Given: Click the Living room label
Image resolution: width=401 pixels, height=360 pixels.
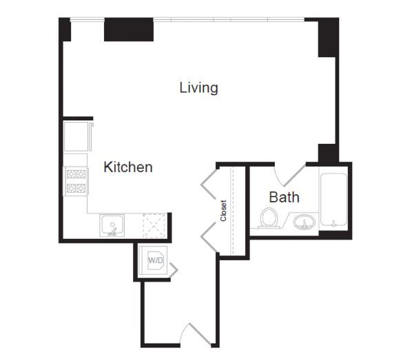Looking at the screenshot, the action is tap(198, 87).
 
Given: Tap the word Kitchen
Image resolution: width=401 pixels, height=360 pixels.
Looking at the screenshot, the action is tap(128, 167).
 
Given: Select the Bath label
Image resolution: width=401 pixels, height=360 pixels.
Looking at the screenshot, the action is tap(284, 198).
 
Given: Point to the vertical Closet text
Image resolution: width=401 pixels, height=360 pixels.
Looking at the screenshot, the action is tap(223, 211).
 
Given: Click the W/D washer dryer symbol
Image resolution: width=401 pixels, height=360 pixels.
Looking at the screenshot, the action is tap(156, 260).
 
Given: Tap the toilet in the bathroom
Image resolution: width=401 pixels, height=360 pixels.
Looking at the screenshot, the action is tap(268, 218).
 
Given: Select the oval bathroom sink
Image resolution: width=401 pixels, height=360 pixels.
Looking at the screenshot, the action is tap(304, 222).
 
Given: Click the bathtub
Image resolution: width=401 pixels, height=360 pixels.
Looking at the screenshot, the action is tap(333, 200).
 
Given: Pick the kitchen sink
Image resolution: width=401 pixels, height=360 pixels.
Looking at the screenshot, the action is tap(112, 225).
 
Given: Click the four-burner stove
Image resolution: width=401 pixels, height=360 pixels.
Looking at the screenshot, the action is tap(76, 181).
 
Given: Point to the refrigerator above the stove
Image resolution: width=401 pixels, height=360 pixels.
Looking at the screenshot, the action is tap(76, 136).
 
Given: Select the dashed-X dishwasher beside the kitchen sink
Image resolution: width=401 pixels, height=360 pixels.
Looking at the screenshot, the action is tap(154, 226).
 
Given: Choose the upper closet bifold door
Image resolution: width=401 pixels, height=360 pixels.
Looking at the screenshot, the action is tap(209, 184).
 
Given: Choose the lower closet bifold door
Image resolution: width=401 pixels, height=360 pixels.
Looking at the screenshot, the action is tap(209, 237).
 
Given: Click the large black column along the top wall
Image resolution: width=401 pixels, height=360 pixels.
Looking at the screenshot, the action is tap(129, 30).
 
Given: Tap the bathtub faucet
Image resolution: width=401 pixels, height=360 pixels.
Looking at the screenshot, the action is tap(333, 224).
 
